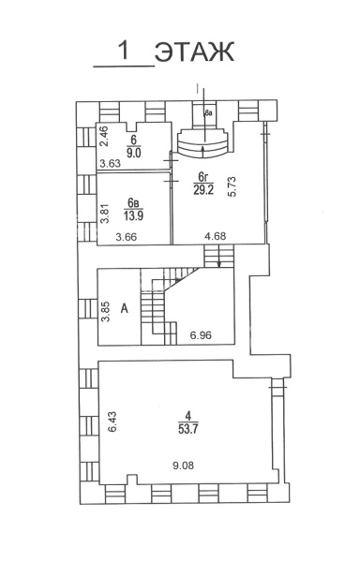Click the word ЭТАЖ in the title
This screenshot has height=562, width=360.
194,52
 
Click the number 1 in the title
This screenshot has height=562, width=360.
125,51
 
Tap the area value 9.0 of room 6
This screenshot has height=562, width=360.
134,152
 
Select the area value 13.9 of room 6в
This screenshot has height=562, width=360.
133,215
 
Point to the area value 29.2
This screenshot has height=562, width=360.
203,189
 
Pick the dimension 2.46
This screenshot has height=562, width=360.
104,137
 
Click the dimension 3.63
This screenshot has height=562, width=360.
110,164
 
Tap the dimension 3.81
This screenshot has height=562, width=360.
104,214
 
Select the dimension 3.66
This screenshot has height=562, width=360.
127,237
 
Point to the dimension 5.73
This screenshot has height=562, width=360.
232,186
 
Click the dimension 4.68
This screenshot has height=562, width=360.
215,237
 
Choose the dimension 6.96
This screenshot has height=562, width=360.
201,335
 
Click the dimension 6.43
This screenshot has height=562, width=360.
112,421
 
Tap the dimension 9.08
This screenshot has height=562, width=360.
183,466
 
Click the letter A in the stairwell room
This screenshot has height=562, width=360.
125,308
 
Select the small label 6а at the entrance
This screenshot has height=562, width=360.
208,113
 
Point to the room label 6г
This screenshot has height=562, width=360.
203,177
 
